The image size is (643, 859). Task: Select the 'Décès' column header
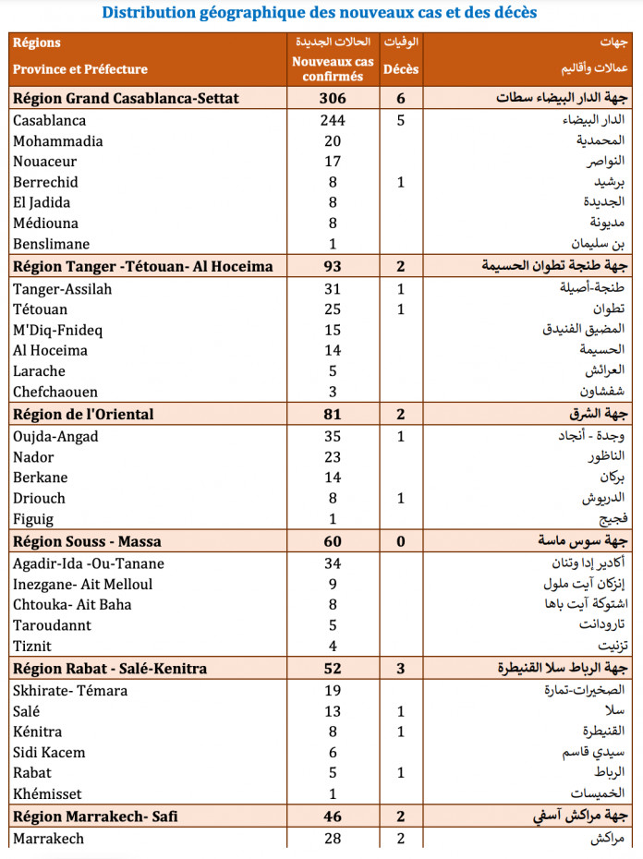pyautogui.click(x=401, y=69)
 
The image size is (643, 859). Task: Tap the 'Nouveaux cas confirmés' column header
pyautogui.click(x=333, y=69)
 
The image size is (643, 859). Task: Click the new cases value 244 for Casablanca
pyautogui.click(x=333, y=121)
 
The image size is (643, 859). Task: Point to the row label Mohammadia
pyautogui.click(x=58, y=141)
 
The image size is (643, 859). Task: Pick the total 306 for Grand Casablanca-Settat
pyautogui.click(x=333, y=99)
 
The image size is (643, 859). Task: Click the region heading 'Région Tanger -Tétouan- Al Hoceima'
pyautogui.click(x=143, y=267)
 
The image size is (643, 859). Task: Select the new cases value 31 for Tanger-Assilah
pyautogui.click(x=333, y=289)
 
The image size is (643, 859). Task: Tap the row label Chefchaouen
pyautogui.click(x=55, y=392)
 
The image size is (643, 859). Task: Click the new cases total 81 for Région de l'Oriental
pyautogui.click(x=333, y=414)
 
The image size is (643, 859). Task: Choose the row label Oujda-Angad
pyautogui.click(x=55, y=436)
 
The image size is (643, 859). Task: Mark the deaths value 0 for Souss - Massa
pyautogui.click(x=401, y=541)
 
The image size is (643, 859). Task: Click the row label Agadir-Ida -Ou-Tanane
pyautogui.click(x=89, y=563)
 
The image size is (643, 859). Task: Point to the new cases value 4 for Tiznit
pyautogui.click(x=333, y=646)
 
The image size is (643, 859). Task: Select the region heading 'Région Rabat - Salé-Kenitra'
pyautogui.click(x=110, y=669)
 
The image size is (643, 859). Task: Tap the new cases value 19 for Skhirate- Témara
pyautogui.click(x=333, y=691)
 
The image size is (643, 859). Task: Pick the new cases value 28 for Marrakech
pyautogui.click(x=333, y=839)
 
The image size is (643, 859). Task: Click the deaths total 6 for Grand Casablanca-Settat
pyautogui.click(x=401, y=99)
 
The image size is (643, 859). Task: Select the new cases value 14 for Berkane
pyautogui.click(x=333, y=478)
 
